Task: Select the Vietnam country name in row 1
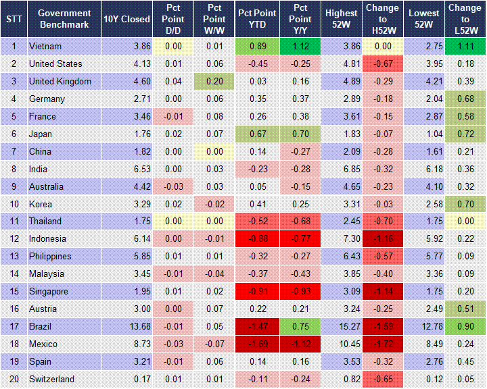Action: [45, 46]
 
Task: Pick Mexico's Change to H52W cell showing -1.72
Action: [383, 344]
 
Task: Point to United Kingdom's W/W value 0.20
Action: [214, 81]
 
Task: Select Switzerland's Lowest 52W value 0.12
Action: [425, 379]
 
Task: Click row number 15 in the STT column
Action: [13, 291]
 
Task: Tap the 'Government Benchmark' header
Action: [64, 19]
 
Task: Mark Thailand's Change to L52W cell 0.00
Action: [465, 221]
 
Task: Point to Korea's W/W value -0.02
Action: [214, 204]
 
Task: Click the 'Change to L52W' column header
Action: [465, 19]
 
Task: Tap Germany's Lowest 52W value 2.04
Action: [425, 99]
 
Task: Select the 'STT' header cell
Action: [13, 19]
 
